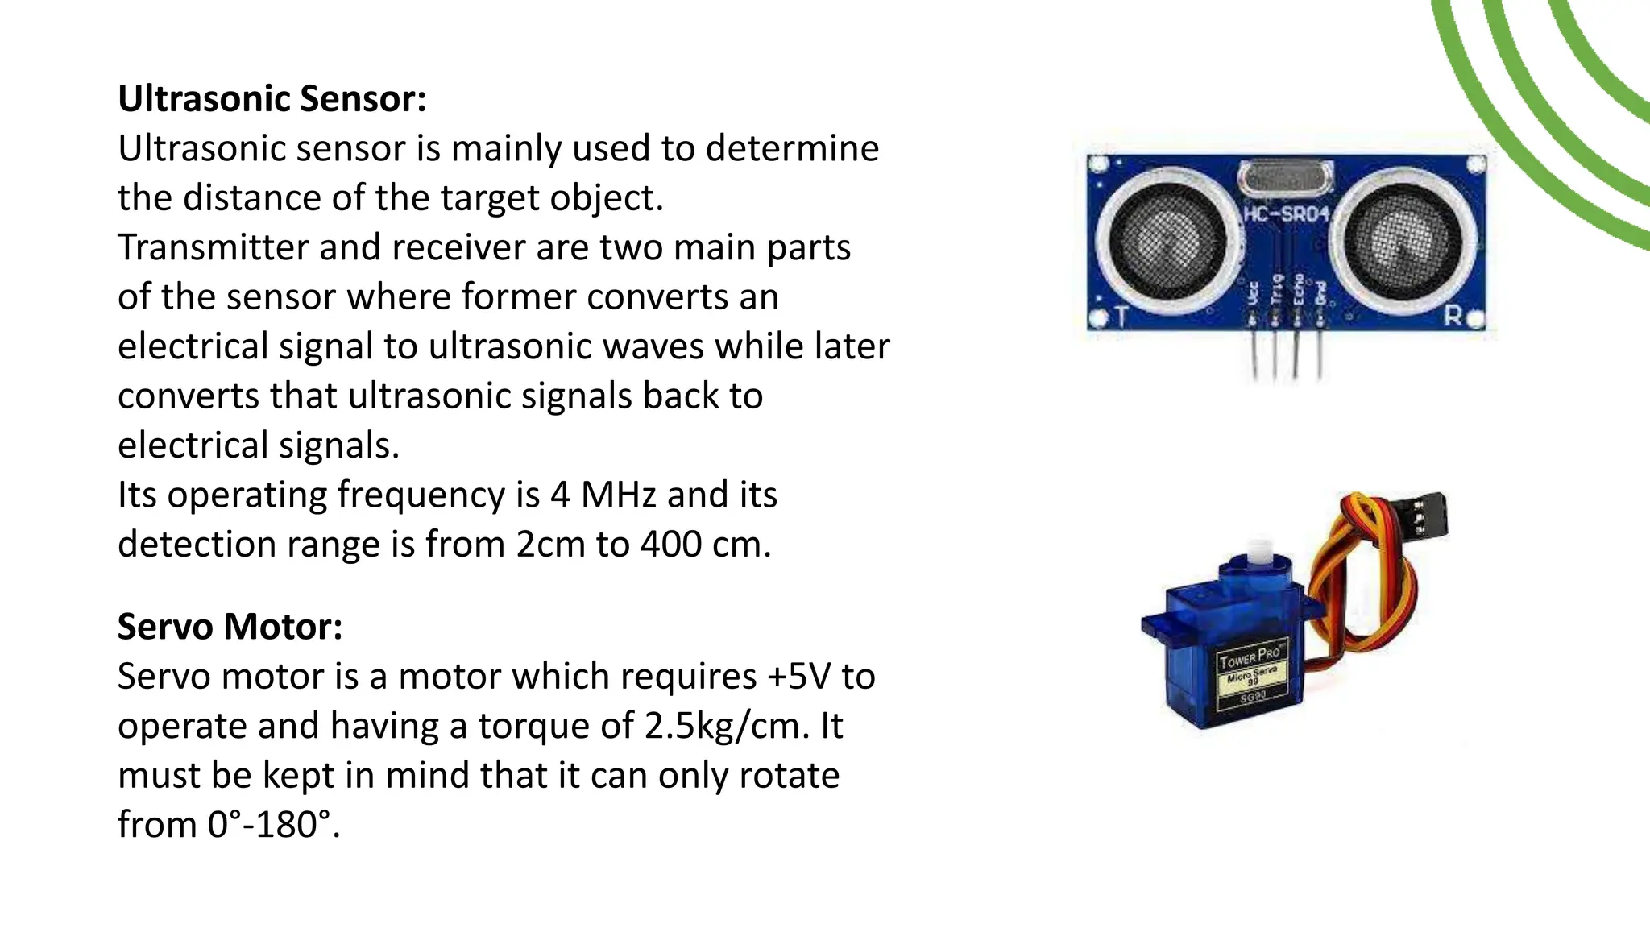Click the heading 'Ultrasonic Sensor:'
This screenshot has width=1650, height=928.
click(x=272, y=99)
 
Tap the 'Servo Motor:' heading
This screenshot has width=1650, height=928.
click(x=230, y=627)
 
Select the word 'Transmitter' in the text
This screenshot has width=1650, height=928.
click(x=213, y=247)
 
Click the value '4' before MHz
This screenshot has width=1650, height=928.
click(x=560, y=495)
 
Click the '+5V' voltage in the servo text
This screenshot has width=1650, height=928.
click(x=798, y=677)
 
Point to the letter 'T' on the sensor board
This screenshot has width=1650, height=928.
click(x=1121, y=317)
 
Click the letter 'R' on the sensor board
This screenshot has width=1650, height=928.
click(x=1453, y=317)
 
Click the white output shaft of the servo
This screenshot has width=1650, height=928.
click(x=1258, y=556)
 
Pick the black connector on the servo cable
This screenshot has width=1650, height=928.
click(x=1422, y=516)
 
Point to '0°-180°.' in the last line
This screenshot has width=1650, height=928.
click(x=274, y=825)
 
